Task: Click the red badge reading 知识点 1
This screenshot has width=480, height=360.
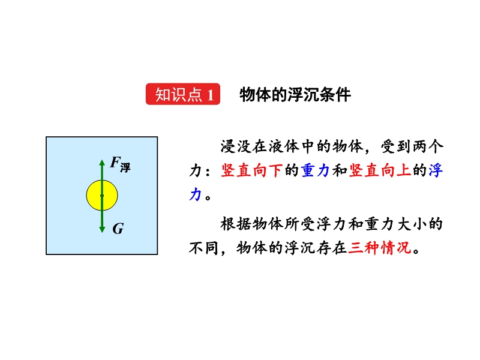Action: (183, 94)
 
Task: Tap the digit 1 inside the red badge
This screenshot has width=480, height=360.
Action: (211, 95)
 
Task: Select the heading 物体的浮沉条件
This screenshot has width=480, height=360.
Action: (295, 95)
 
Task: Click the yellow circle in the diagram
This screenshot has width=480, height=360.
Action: (102, 196)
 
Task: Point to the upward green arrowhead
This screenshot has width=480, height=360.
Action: (102, 163)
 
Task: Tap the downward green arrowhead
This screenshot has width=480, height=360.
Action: (102, 229)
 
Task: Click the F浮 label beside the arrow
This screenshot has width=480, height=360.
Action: (120, 164)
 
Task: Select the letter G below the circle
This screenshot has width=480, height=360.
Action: (118, 229)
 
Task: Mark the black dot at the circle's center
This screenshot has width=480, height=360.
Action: (102, 196)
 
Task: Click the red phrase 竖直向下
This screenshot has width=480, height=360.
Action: (251, 170)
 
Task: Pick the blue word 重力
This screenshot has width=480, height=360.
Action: (316, 170)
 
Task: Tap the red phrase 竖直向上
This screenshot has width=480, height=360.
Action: (380, 170)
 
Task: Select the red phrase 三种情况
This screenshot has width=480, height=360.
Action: (380, 248)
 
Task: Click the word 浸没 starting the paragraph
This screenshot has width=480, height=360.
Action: (236, 146)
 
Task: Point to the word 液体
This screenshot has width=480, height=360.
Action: (284, 146)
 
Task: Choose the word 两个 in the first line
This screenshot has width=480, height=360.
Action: (428, 146)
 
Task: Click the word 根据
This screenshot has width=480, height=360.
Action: (236, 224)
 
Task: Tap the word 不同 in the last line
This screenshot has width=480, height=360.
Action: (203, 248)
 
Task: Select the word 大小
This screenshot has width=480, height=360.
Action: (412, 224)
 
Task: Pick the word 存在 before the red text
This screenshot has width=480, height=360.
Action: (332, 248)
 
